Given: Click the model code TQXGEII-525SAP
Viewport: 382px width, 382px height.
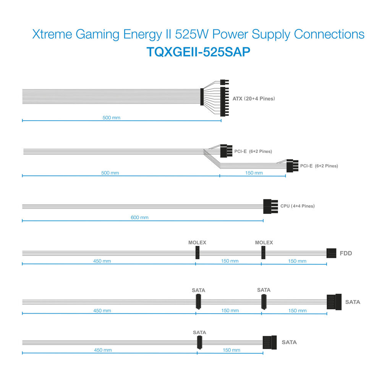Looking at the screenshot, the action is (x=198, y=52).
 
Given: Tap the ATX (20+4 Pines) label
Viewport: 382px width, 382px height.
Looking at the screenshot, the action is (x=254, y=99).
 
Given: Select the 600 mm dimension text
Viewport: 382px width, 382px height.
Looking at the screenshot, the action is (x=139, y=217).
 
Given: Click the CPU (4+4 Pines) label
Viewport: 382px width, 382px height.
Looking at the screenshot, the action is (x=298, y=206).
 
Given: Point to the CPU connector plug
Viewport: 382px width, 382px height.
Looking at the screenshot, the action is (x=270, y=206).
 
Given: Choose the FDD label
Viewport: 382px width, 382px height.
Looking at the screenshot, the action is (x=346, y=253).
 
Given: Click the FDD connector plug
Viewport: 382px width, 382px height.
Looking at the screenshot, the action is (x=331, y=253).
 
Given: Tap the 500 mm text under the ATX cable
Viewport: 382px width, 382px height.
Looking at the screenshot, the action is (x=111, y=118).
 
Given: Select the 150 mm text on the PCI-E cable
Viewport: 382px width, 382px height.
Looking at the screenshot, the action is (x=254, y=173).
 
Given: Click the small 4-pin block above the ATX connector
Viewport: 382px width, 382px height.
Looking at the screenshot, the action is (x=224, y=82).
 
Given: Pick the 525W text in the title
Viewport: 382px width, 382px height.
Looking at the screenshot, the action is (x=191, y=34).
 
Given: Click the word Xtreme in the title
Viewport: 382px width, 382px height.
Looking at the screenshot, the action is (x=52, y=34).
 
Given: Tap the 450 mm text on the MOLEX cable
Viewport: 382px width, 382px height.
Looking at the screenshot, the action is (x=102, y=261).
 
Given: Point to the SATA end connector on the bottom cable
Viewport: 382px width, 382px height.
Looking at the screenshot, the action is (x=270, y=342).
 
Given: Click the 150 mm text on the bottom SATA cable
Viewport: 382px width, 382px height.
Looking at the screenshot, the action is (x=231, y=350).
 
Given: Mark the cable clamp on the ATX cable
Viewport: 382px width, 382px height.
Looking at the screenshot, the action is (x=202, y=97).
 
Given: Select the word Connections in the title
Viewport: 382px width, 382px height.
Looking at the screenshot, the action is (x=329, y=34).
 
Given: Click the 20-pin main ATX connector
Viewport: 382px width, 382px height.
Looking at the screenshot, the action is (x=224, y=102).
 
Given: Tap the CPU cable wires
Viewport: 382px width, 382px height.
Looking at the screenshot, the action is (x=143, y=207).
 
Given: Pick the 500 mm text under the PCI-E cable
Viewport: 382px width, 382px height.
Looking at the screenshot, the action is (x=110, y=173).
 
